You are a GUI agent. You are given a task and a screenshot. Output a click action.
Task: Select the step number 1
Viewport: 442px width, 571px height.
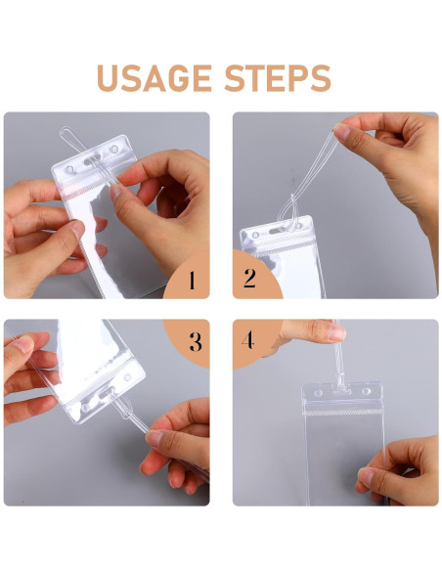[191, 281]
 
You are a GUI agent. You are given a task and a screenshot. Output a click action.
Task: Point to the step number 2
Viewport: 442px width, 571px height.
[249, 280]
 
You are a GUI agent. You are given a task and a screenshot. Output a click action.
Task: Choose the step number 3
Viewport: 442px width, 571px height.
[195, 341]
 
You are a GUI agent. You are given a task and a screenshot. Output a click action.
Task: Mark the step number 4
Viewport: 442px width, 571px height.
[248, 341]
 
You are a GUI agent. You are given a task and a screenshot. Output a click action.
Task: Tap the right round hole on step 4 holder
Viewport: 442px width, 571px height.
[369, 392]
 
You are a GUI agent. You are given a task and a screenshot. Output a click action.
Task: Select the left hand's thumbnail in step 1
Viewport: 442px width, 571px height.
[76, 229]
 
